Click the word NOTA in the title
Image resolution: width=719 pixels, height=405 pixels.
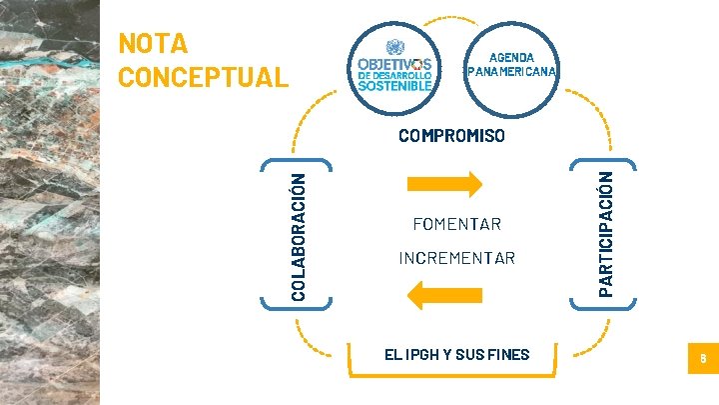coord(152,44)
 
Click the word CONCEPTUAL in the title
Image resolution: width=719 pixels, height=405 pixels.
coord(203,76)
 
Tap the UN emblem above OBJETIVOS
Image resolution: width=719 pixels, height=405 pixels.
coord(393,46)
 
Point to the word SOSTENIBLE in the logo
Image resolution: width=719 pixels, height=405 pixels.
coord(394,85)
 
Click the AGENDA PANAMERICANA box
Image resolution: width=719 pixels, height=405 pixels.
coord(512,64)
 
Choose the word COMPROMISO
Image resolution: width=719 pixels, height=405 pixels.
coord(451,135)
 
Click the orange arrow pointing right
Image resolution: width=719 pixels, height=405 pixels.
coord(444,183)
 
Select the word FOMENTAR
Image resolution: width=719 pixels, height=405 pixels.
coord(456,223)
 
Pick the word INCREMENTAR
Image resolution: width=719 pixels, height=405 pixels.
coord(456,259)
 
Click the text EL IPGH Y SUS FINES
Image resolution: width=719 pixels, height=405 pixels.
coord(457,354)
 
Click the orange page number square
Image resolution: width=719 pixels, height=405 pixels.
coord(702,358)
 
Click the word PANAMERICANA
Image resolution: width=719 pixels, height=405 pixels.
coord(512,71)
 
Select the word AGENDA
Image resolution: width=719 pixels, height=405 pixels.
coord(512,57)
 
